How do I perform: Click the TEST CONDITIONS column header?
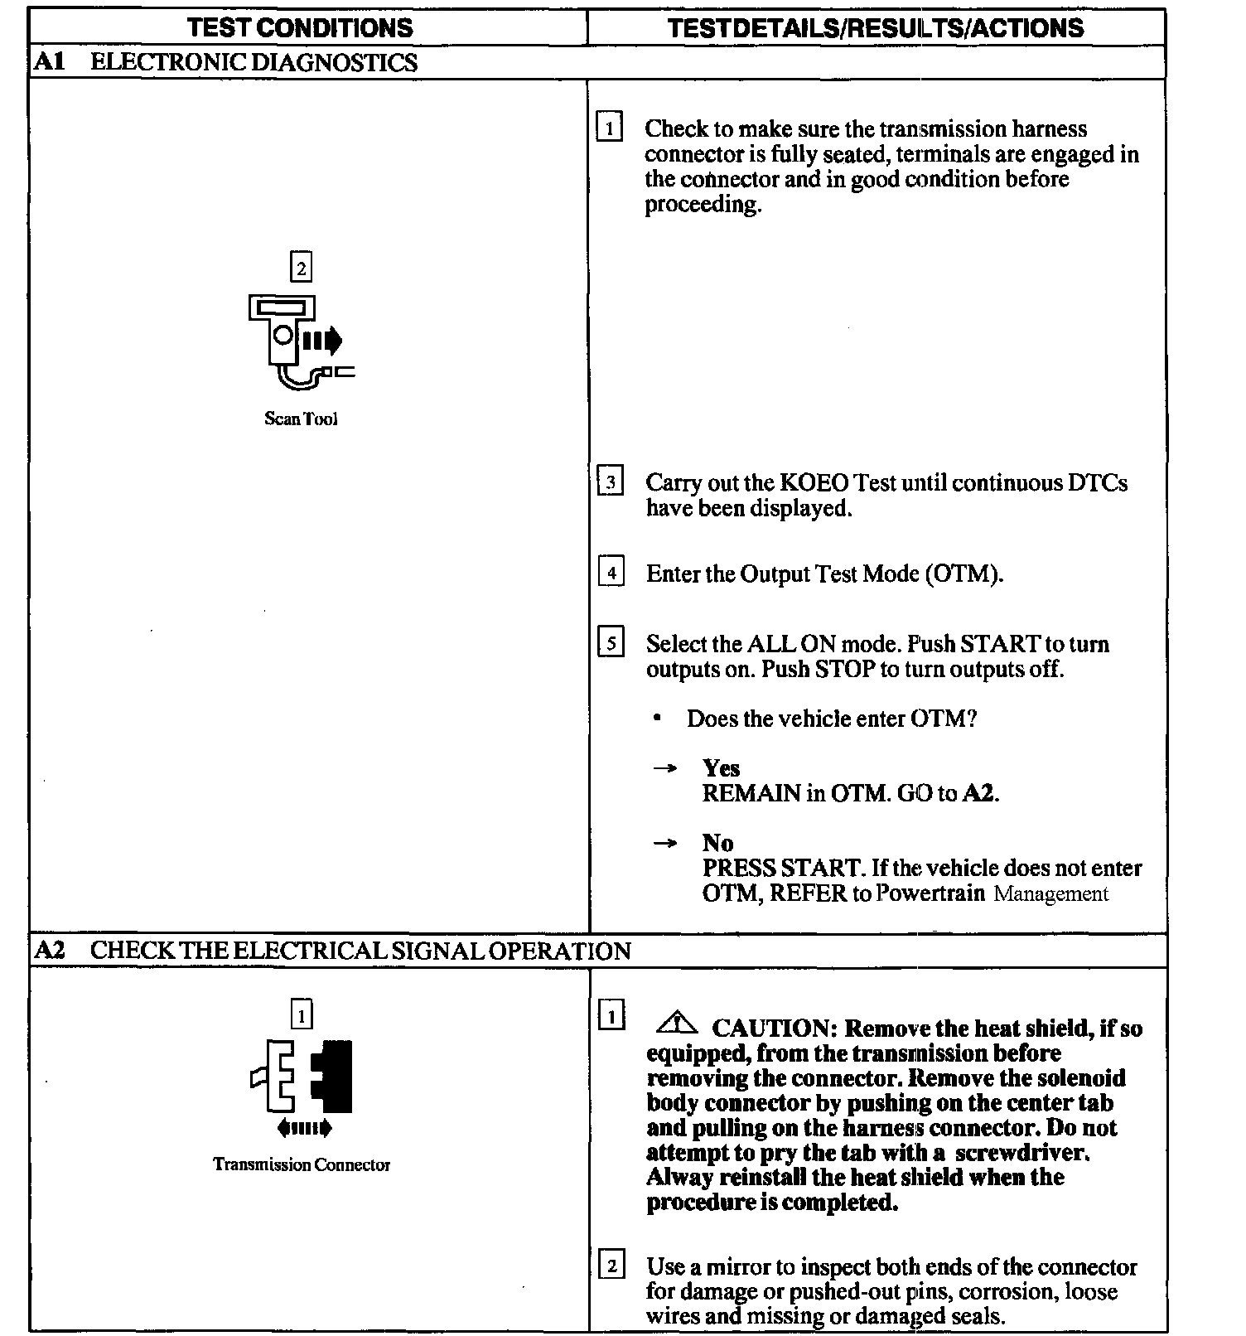pyautogui.click(x=300, y=27)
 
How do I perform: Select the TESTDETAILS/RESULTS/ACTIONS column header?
pyautogui.click(x=876, y=27)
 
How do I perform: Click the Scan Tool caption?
pyautogui.click(x=301, y=419)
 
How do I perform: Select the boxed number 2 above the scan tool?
pyautogui.click(x=301, y=268)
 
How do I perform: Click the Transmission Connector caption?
pyautogui.click(x=302, y=1164)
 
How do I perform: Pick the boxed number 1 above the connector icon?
pyautogui.click(x=302, y=1014)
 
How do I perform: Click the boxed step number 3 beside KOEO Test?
pyautogui.click(x=611, y=482)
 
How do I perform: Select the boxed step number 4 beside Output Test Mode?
pyautogui.click(x=611, y=573)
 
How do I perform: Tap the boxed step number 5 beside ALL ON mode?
pyautogui.click(x=611, y=643)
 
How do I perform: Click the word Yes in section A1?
pyautogui.click(x=721, y=767)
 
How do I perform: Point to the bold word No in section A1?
pyautogui.click(x=717, y=843)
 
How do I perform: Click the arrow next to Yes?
pyautogui.click(x=664, y=768)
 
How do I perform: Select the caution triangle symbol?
pyautogui.click(x=677, y=1024)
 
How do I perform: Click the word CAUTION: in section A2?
pyautogui.click(x=775, y=1029)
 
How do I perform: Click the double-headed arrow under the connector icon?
pyautogui.click(x=305, y=1128)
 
